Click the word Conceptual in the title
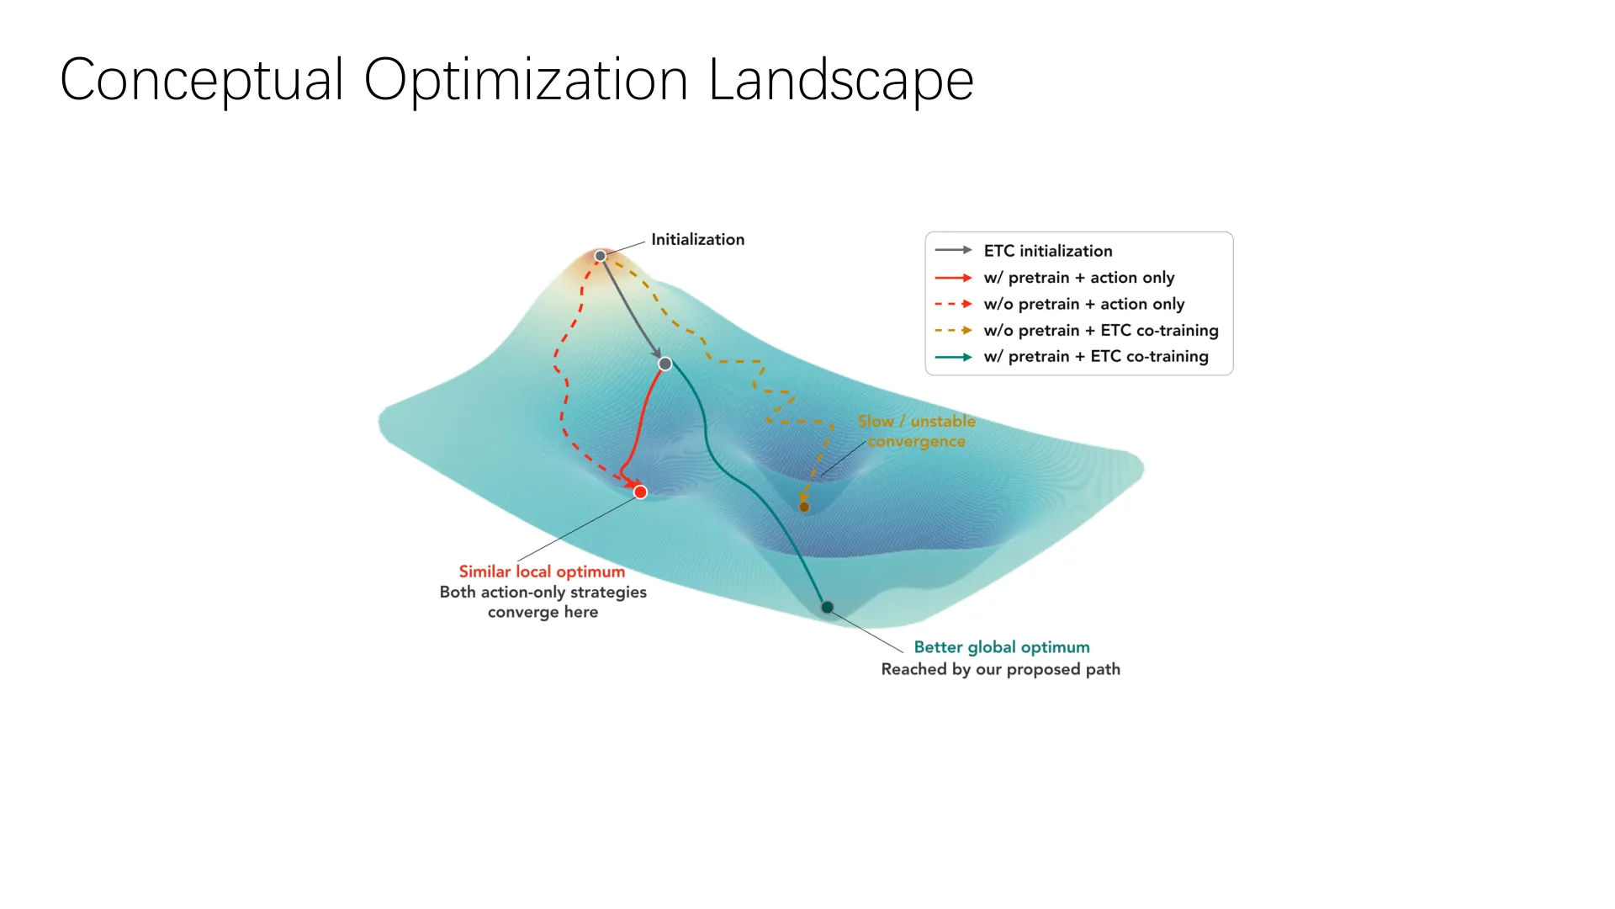click(x=202, y=82)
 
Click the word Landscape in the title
click(x=841, y=82)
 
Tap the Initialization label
click(x=697, y=240)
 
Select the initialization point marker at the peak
click(x=601, y=256)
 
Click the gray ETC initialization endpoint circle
click(x=665, y=364)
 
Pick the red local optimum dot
click(x=641, y=492)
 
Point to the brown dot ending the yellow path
click(x=804, y=508)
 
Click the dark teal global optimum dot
click(x=828, y=608)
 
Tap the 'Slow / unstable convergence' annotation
click(x=917, y=431)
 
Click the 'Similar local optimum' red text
click(x=543, y=571)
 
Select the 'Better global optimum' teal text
click(x=1002, y=647)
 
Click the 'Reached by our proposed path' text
click(x=1001, y=669)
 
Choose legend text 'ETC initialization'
click(x=1048, y=251)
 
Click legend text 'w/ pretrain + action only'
click(x=1079, y=278)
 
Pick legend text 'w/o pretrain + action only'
click(x=1084, y=304)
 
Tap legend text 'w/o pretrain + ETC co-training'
click(x=1101, y=331)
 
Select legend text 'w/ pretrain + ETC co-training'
click(x=1096, y=357)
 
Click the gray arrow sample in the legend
click(x=954, y=250)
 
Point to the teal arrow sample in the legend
click(x=954, y=357)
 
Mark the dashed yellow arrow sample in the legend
click(x=954, y=331)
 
